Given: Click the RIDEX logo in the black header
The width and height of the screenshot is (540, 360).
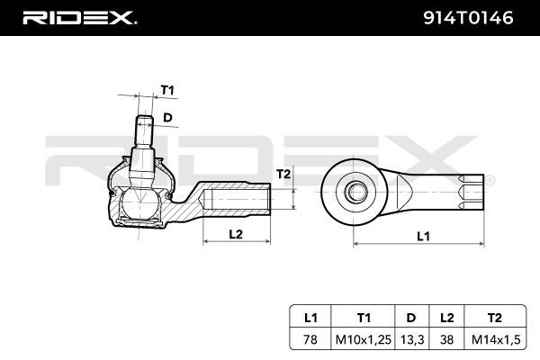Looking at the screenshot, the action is coord(79,18).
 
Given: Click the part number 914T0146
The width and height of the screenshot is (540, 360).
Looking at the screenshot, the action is coord(468,18).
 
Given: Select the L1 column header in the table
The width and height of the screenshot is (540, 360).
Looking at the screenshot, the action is coord(310,318).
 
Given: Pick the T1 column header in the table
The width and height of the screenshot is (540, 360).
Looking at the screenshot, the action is coord(364,318).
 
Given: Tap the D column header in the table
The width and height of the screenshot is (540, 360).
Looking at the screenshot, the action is coord(411,318).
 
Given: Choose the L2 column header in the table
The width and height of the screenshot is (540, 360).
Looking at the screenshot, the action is coord(446,318).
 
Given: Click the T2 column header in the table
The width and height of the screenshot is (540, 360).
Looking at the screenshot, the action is coord(494,318).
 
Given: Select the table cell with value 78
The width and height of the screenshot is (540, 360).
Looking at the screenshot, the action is coord(310,339).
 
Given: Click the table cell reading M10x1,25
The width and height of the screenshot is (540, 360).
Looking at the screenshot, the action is coord(364,339).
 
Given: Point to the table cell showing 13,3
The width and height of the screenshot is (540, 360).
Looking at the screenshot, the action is coord(412,339).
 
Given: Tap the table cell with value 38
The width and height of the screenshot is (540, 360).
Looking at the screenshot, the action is coord(446,339).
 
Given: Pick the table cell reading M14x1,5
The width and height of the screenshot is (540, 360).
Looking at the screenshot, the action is coord(496,339).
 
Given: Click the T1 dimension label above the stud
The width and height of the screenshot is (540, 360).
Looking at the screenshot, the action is coord(167,90).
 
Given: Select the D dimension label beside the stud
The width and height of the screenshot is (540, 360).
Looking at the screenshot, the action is coord(167,118).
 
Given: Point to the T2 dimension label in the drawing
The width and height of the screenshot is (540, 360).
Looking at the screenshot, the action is coord(283,175).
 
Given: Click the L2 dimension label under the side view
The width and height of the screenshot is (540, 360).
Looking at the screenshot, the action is coord(236,234).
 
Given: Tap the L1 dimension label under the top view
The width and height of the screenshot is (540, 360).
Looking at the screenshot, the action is coord(423,237).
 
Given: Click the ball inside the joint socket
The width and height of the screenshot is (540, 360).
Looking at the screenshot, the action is coord(139,203).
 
